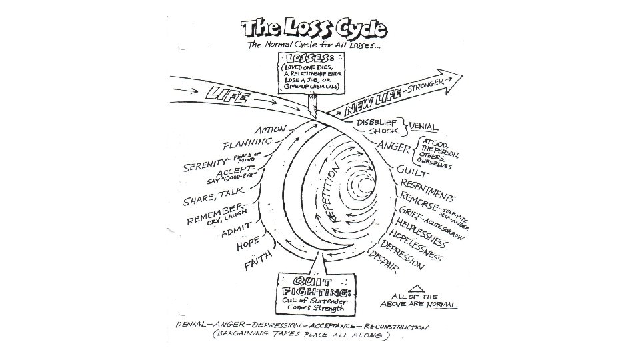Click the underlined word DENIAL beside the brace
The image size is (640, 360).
click(x=423, y=126)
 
